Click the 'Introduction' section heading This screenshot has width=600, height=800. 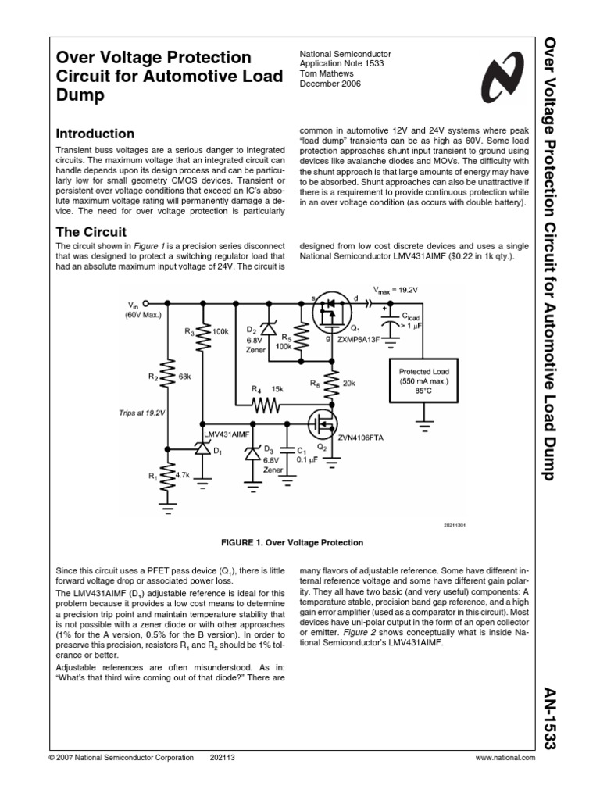pos(96,134)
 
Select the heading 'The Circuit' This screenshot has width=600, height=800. pos(92,232)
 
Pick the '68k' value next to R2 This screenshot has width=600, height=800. pos(185,377)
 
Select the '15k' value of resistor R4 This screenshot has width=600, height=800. pos(277,388)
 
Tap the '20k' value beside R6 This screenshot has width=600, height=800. pos(348,384)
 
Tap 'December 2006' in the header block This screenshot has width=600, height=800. pos(331,84)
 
